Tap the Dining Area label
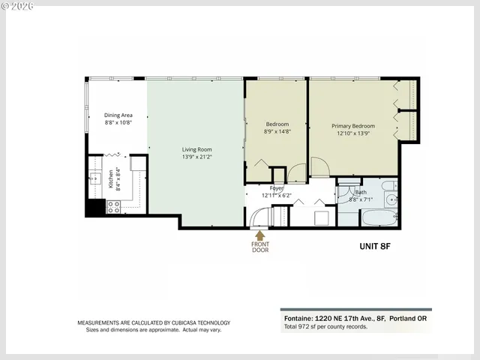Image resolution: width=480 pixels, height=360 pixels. [118, 115]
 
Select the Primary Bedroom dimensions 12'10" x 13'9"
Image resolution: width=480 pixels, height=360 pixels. [353, 133]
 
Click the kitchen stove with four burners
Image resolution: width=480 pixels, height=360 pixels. [114, 206]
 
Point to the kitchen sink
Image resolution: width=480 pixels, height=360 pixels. [95, 178]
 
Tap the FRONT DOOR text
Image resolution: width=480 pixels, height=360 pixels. [260, 246]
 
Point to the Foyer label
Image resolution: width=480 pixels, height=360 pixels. [266, 187]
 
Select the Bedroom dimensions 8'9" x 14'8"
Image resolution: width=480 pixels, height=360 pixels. [277, 131]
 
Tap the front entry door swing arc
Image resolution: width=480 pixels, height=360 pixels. [259, 217]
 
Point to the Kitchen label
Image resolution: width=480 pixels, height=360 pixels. [109, 178]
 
